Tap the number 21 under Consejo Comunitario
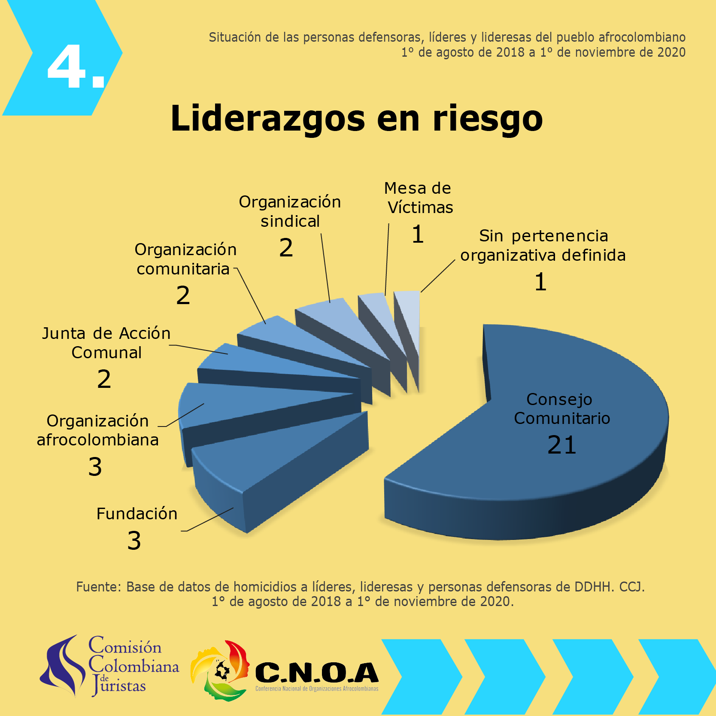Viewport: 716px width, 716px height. [561, 445]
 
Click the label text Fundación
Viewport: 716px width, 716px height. [137, 514]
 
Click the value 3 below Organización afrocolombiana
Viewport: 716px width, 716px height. [95, 467]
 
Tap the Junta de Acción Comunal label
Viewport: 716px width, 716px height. [106, 343]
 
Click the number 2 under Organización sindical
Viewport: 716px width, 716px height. [286, 248]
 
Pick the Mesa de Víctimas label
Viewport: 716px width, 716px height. [419, 198]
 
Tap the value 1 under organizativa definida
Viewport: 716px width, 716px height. [540, 282]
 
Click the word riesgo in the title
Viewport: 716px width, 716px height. [488, 119]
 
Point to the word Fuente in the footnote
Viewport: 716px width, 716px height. [98, 587]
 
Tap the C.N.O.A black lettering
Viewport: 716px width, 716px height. [317, 673]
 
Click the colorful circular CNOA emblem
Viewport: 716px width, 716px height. [220, 670]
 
